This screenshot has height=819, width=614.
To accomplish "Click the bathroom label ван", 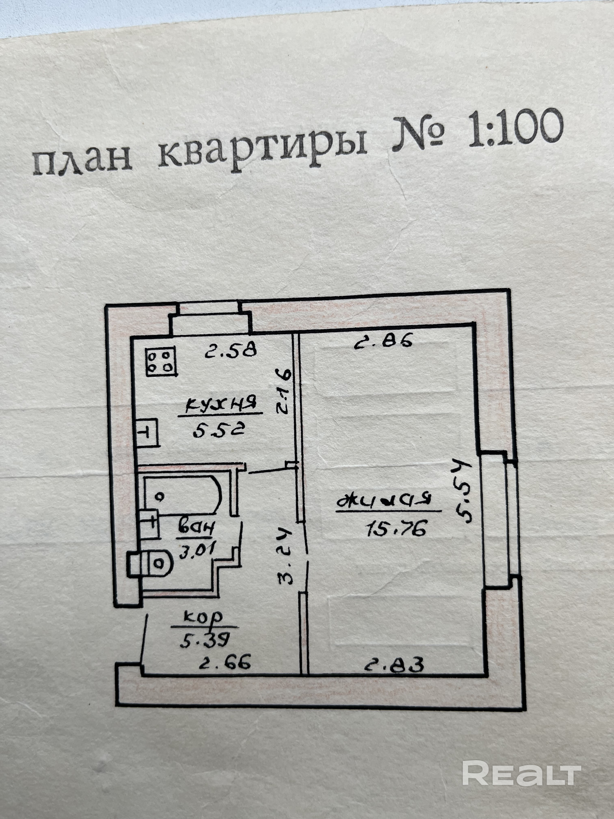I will click(x=196, y=527).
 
